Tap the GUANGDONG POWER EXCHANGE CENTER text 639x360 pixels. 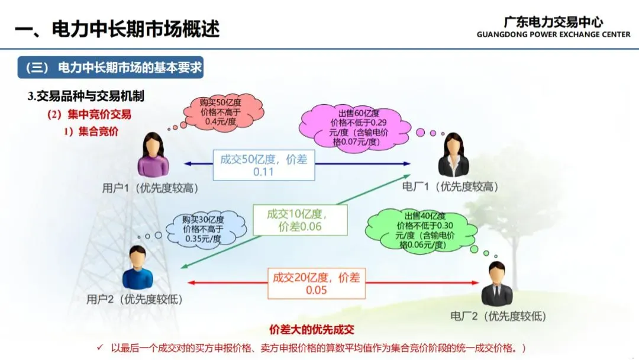coord(553,35)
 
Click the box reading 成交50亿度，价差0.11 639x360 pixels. coord(264,165)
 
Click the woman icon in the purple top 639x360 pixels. coord(153,155)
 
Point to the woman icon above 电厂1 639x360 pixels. coord(453,155)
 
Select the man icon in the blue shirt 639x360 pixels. coord(138,268)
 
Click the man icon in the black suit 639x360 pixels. coord(496,285)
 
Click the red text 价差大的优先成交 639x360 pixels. coord(311,330)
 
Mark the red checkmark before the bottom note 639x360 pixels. coord(100,347)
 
